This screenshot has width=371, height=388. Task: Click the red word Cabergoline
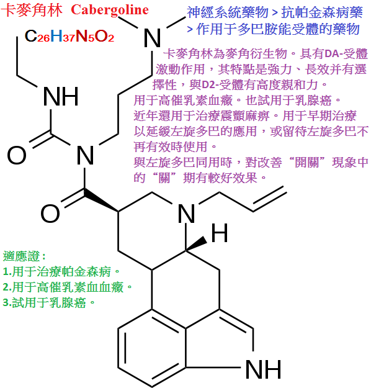tap(110, 11)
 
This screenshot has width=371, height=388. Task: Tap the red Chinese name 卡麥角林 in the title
tap(32, 11)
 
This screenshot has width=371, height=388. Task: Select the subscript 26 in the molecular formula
tap(43, 38)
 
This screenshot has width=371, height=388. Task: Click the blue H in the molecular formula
tap(56, 36)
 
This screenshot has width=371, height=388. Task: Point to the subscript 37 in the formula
tap(69, 38)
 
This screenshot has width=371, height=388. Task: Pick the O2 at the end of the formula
tap(104, 37)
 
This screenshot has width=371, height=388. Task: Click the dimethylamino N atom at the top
tap(152, 38)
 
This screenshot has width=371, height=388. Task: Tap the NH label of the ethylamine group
tap(61, 96)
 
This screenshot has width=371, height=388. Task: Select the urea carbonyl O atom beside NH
tap(17, 155)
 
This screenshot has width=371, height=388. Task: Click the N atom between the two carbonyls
tap(85, 155)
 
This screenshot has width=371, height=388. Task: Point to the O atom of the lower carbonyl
tap(50, 214)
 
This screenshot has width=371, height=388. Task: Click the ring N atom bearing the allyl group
tap(186, 214)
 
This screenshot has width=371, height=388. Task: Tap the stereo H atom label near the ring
tap(220, 233)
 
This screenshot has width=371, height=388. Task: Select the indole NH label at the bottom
tap(263, 369)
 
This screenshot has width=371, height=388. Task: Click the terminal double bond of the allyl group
tap(270, 199)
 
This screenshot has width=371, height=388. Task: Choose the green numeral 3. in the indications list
tap(7, 302)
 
